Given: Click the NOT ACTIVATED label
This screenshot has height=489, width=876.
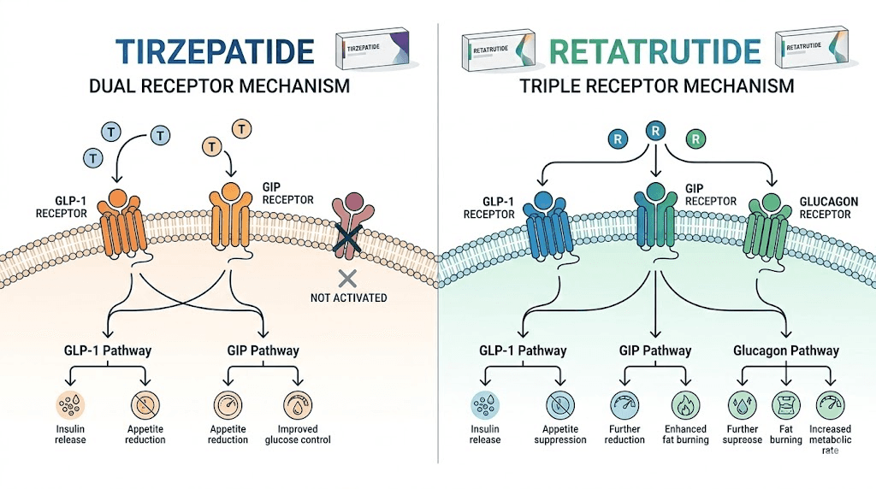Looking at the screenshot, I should coord(348,298).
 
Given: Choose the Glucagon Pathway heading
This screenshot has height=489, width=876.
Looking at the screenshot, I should coord(786,351).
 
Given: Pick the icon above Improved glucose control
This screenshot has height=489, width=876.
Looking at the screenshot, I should coord(297,404).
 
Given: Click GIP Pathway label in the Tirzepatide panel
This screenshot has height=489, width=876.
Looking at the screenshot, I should coord(263,351).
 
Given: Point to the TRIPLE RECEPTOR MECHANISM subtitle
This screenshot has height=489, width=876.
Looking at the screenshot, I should coord(656,86).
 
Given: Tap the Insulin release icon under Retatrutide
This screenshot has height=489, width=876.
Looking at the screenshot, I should coord(484,404).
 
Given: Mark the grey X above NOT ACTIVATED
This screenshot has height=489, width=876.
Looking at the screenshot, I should coord(347,277).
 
